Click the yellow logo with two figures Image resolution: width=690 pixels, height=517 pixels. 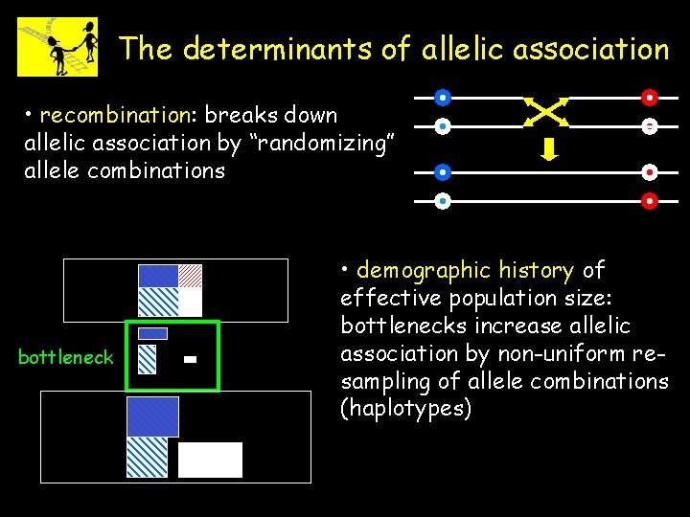coord(57,46)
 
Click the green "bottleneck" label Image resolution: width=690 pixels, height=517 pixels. coord(66,358)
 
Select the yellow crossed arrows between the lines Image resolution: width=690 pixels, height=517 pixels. coord(546,111)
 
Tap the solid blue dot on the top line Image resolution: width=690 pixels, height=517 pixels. coord(442,97)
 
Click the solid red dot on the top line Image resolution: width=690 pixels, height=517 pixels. coord(649,97)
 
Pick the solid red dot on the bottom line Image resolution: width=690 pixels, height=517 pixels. coord(649,201)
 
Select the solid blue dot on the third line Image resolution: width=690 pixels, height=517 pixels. coord(442,172)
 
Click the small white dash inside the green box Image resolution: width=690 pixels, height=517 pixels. coord(190,359)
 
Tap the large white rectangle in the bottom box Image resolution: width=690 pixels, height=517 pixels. coord(210,460)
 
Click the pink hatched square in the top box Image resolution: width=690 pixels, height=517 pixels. coord(191,275)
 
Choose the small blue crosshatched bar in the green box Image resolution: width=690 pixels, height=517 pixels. coord(153,333)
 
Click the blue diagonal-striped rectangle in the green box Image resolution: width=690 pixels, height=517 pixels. coord(147,358)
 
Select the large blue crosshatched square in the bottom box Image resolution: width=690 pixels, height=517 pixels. coord(152,416)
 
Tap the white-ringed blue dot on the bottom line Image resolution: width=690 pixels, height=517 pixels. coord(442,201)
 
